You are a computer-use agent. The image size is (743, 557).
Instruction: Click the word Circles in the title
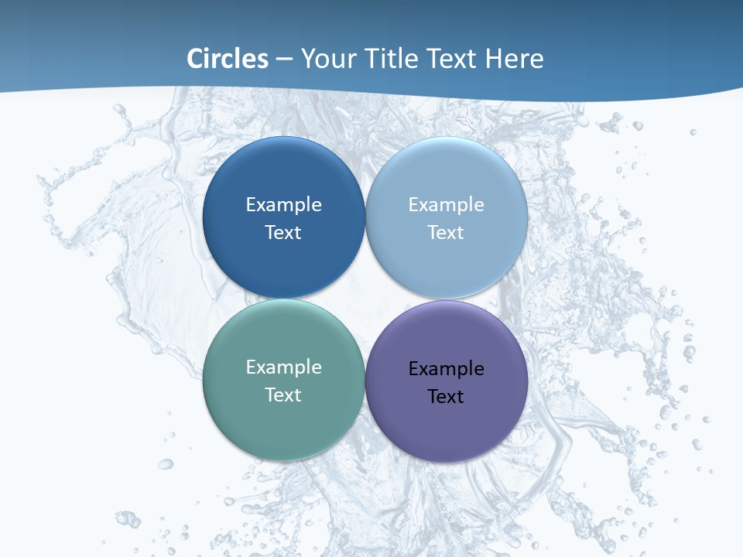(228, 59)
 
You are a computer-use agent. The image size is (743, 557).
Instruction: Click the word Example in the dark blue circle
(283, 205)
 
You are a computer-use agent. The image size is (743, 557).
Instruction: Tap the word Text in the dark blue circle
(283, 233)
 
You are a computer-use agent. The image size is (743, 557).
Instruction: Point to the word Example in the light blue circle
(446, 205)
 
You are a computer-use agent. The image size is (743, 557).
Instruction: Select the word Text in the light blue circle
(446, 233)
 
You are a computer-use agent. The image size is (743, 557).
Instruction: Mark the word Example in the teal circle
(283, 367)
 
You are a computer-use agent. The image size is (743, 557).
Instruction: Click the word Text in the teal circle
(283, 395)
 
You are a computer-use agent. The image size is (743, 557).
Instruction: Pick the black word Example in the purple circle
(446, 369)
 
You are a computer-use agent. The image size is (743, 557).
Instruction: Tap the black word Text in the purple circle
(446, 397)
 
